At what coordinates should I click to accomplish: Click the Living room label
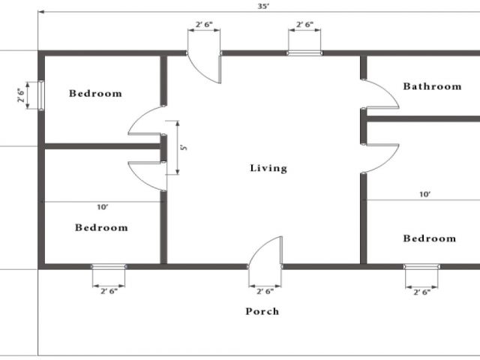(x=268, y=168)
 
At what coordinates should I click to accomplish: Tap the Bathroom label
(x=432, y=86)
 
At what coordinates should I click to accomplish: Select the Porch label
(x=262, y=310)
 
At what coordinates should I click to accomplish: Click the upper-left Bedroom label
(x=95, y=94)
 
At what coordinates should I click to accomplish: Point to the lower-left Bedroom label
(x=101, y=227)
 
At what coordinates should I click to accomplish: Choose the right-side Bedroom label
(x=429, y=238)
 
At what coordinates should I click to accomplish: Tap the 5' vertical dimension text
(x=182, y=148)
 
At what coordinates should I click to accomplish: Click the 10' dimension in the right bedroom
(x=424, y=194)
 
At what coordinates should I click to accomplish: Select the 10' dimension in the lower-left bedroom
(x=102, y=206)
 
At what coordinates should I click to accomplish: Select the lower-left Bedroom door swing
(x=147, y=175)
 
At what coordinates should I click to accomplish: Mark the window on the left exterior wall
(x=40, y=95)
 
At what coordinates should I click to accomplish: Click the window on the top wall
(x=304, y=53)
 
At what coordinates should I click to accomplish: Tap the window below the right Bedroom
(x=421, y=266)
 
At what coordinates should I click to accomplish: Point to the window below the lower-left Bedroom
(x=109, y=266)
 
